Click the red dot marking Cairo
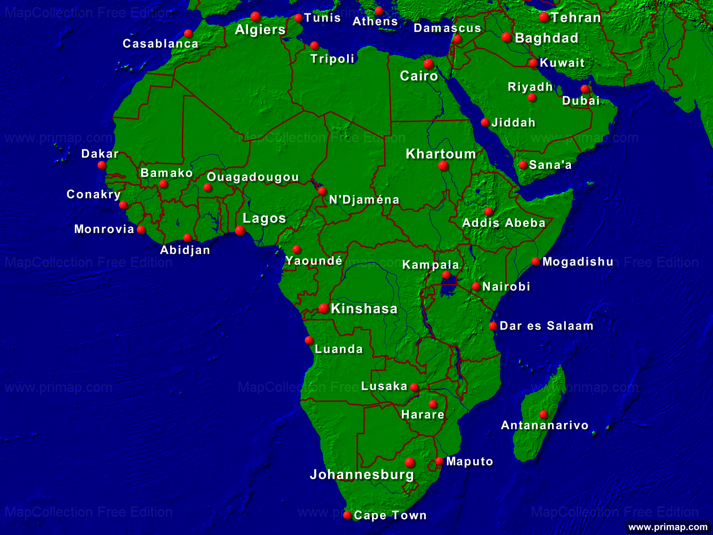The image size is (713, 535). point(428,63)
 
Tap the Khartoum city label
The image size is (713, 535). point(441,154)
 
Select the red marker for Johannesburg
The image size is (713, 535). point(410,462)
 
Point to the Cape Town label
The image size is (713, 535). point(390,515)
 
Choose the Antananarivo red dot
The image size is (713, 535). point(543,414)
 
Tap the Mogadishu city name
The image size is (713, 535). point(578,262)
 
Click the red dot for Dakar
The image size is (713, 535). point(102,165)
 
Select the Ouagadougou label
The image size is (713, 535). point(253,177)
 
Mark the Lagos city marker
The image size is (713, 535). point(240,230)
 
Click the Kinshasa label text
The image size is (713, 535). point(364,309)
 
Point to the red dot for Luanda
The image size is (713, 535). point(308,340)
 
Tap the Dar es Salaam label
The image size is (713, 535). point(546,326)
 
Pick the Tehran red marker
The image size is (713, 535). point(544,17)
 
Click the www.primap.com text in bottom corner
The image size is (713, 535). point(668,527)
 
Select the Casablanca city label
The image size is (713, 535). point(160,44)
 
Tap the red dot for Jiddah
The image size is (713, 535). point(485,122)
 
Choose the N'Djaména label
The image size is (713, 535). point(364,200)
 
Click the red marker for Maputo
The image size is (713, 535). point(439,461)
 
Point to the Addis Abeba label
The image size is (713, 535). point(504,223)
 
